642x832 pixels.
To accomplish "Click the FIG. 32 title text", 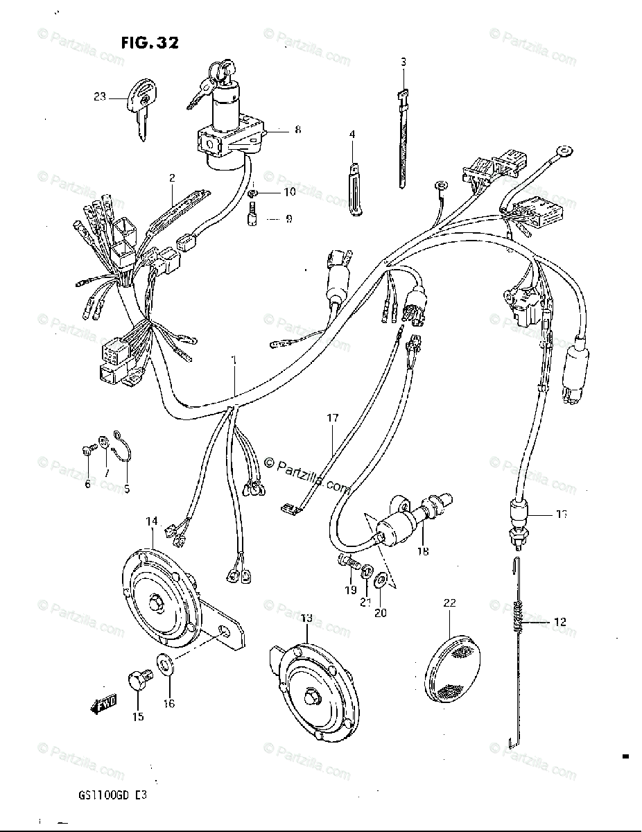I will pyautogui.click(x=149, y=43).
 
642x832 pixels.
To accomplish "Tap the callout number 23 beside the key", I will pyautogui.click(x=100, y=97).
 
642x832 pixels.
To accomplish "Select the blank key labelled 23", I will pyautogui.click(x=143, y=104).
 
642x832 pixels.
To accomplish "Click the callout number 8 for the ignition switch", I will pyautogui.click(x=279, y=129).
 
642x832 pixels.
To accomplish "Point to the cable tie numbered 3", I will pyautogui.click(x=402, y=139).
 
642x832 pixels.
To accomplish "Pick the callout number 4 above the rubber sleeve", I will pyautogui.click(x=352, y=134).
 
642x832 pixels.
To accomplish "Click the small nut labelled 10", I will pyautogui.click(x=254, y=191).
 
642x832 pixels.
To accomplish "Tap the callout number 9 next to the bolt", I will pyautogui.click(x=288, y=219).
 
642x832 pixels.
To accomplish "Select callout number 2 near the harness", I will pyautogui.click(x=171, y=177).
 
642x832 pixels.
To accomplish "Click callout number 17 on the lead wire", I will pyautogui.click(x=333, y=418).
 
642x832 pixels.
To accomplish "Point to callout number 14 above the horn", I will pyautogui.click(x=152, y=521).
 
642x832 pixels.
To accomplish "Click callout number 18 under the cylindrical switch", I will pyautogui.click(x=422, y=552).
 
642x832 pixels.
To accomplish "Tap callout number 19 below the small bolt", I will pyautogui.click(x=351, y=589).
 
